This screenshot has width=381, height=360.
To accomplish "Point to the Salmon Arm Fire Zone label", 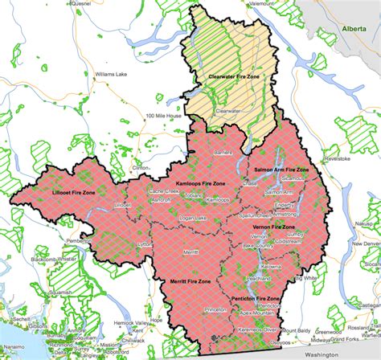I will pos(281,171).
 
